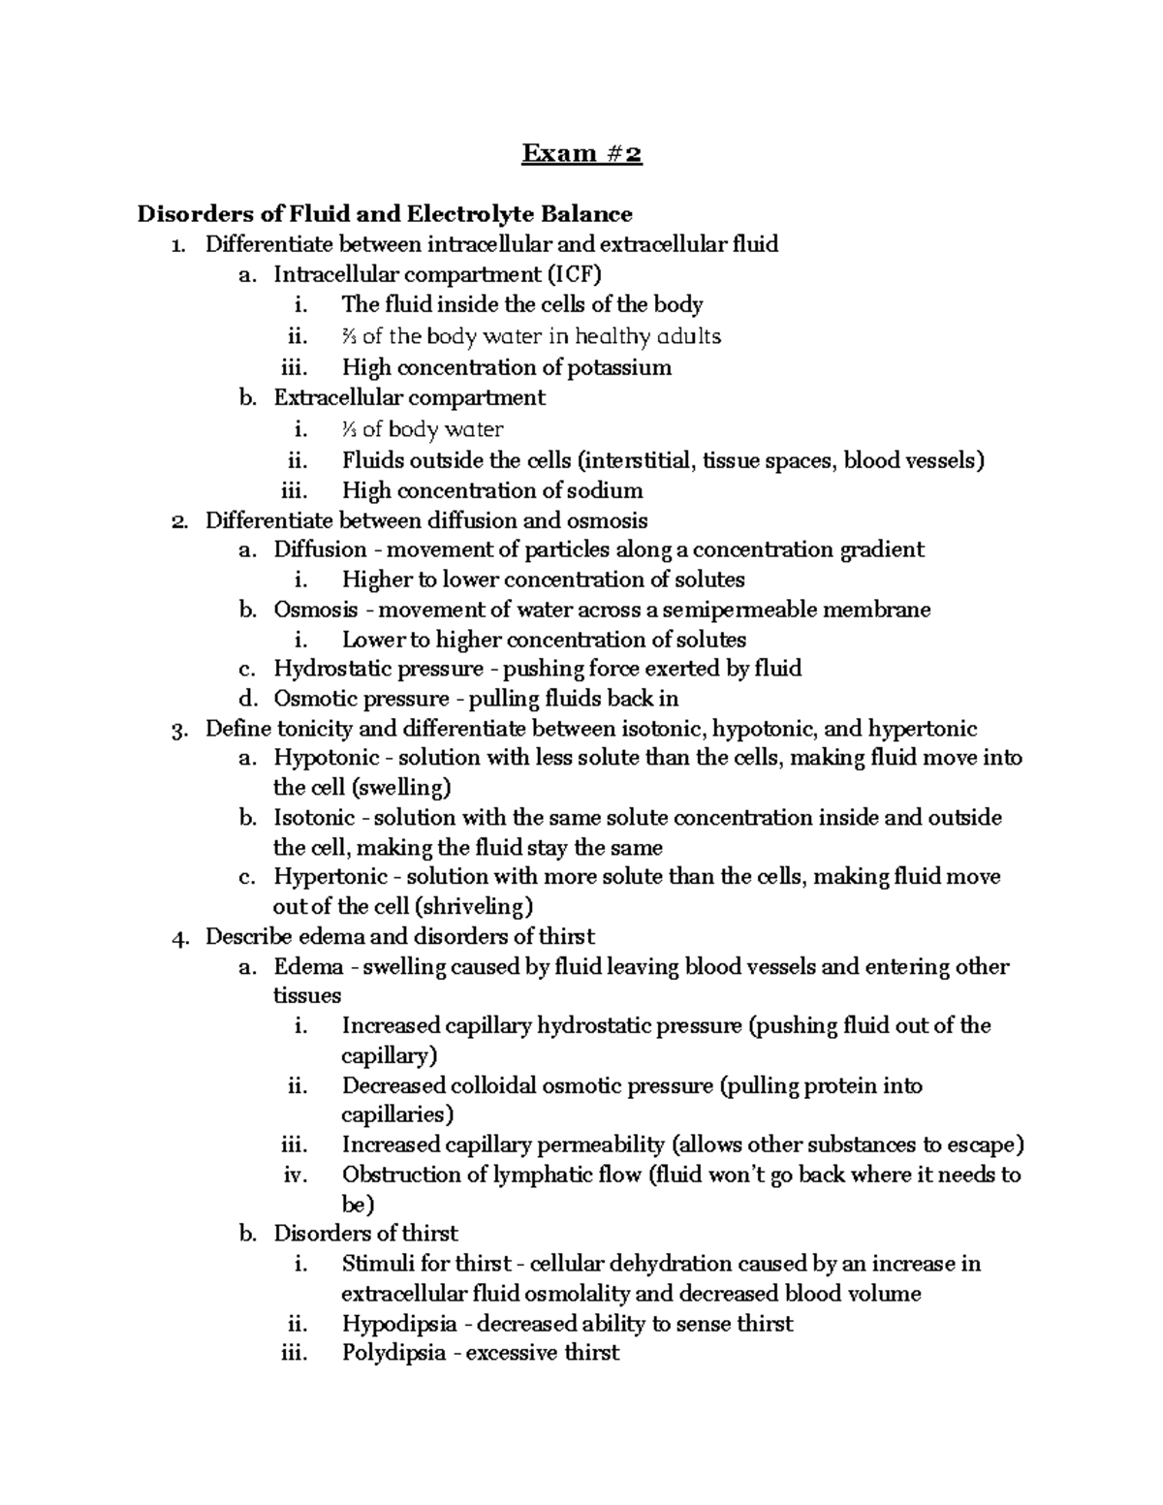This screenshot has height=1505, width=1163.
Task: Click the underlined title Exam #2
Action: pos(581,154)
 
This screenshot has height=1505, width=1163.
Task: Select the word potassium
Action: pos(619,367)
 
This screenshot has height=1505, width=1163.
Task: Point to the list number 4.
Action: pos(177,937)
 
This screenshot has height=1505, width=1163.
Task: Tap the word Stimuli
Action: pos(377,1264)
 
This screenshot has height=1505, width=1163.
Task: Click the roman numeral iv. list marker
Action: pos(296,1175)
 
